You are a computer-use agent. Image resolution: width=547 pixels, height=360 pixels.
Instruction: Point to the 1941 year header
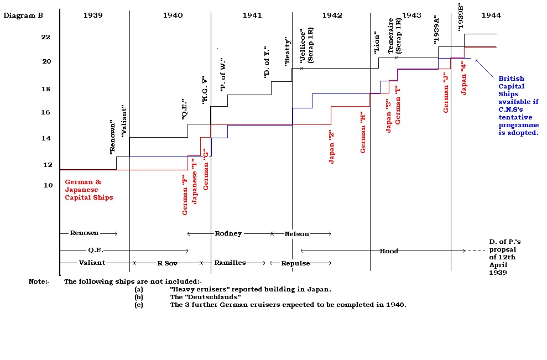[252, 15]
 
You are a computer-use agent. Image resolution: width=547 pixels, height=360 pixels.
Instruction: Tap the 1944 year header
[491, 15]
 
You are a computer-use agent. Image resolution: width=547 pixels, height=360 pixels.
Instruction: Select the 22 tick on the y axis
[45, 37]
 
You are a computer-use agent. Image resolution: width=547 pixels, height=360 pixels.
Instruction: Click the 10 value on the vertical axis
[48, 185]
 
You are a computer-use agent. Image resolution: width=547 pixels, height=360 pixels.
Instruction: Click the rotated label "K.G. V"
[204, 91]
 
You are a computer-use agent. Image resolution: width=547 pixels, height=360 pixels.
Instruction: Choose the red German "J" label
[446, 92]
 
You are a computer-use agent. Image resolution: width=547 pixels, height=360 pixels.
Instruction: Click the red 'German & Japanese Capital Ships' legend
[89, 190]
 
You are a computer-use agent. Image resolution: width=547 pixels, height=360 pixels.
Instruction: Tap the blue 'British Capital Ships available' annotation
[518, 106]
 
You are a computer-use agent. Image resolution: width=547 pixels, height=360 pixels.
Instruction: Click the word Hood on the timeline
[388, 251]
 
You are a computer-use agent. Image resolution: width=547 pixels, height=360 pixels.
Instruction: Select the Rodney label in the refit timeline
[228, 233]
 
